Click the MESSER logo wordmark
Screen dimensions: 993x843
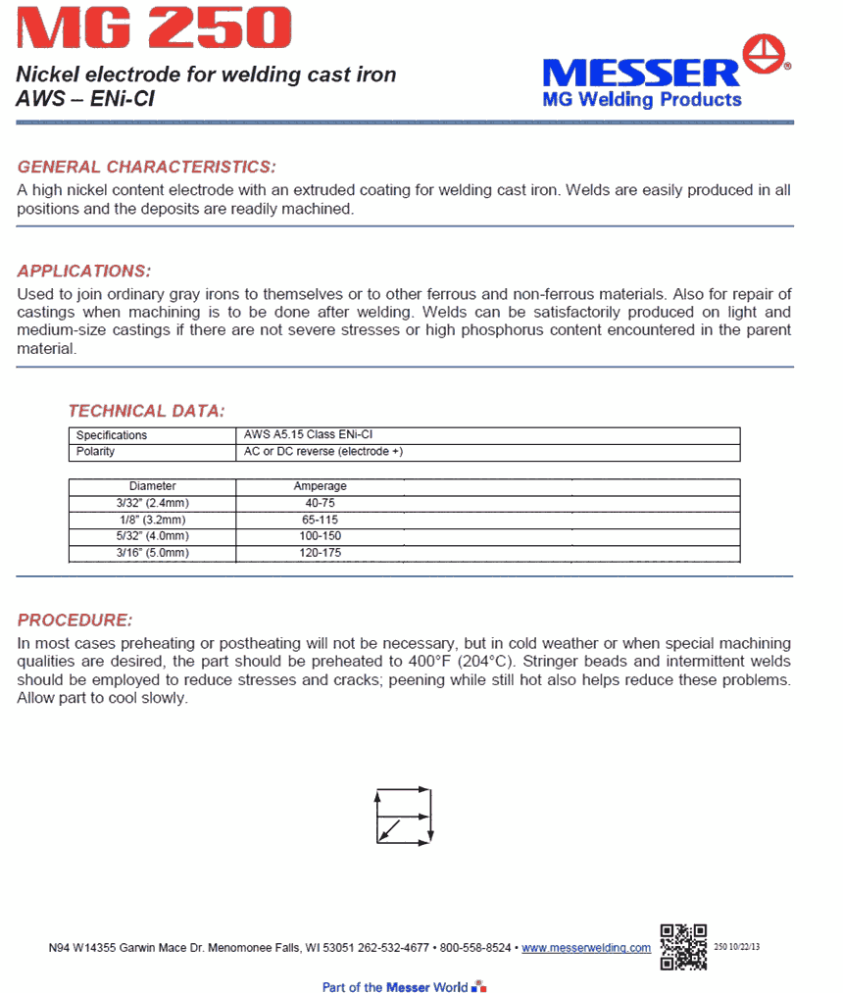(641, 73)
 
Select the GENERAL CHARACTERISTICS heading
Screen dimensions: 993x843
(147, 167)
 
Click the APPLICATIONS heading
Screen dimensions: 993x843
(84, 271)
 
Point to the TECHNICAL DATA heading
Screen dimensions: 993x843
(146, 411)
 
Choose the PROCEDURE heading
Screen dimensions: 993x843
(74, 621)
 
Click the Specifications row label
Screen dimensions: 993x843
(112, 435)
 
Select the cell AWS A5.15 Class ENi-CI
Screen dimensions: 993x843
(309, 435)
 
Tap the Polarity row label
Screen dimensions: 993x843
(95, 452)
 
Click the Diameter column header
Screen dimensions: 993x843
(153, 486)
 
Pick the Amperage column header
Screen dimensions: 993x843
(320, 486)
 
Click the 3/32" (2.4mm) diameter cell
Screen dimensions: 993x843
(152, 503)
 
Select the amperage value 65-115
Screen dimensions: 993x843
(320, 520)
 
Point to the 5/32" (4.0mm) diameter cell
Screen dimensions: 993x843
(152, 536)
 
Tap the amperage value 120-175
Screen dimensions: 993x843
(320, 553)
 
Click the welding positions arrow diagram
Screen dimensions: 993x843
(404, 815)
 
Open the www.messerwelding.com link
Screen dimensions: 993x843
(586, 948)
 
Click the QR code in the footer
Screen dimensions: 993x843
(683, 947)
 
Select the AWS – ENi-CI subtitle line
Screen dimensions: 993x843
(85, 99)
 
